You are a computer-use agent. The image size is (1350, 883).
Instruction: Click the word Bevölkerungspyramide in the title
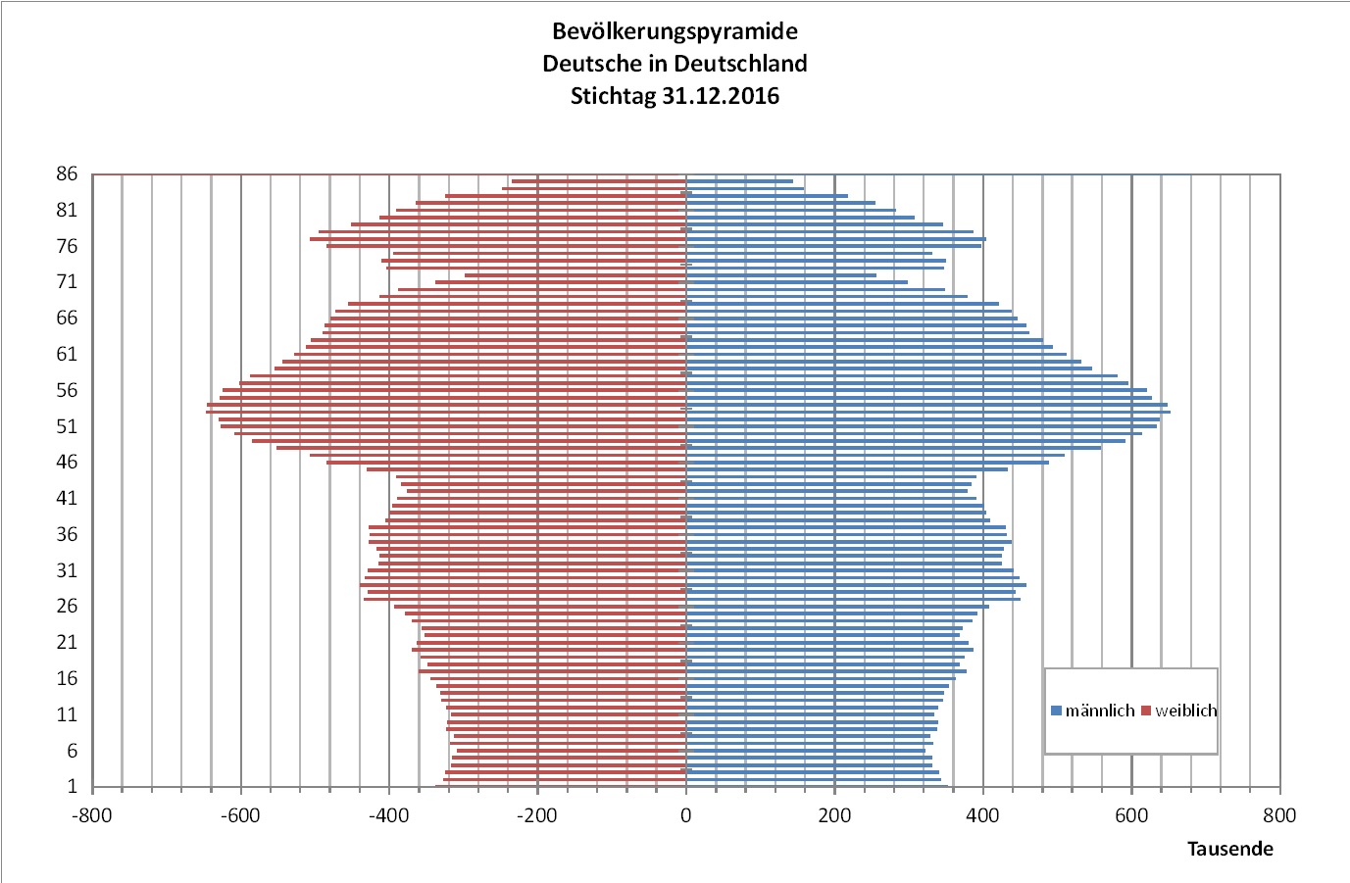pyautogui.click(x=675, y=31)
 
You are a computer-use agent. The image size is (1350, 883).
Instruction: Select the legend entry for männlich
pyautogui.click(x=1093, y=711)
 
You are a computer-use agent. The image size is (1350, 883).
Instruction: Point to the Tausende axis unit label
pyautogui.click(x=1229, y=849)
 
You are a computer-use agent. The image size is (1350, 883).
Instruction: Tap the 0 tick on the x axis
pyautogui.click(x=685, y=815)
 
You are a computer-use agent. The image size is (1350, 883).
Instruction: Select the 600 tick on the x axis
pyautogui.click(x=1131, y=815)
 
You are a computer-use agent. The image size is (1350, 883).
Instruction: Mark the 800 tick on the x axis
pyautogui.click(x=1279, y=815)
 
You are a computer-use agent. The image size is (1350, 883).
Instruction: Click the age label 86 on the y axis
pyautogui.click(x=67, y=174)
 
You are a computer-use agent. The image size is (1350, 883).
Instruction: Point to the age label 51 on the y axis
pyautogui.click(x=67, y=426)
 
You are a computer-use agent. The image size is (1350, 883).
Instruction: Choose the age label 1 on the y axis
pyautogui.click(x=72, y=787)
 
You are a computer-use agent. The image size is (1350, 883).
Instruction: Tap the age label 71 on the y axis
pyautogui.click(x=67, y=282)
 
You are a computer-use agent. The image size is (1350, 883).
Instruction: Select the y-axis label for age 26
pyautogui.click(x=67, y=607)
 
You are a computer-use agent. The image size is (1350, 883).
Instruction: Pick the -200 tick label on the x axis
pyautogui.click(x=537, y=815)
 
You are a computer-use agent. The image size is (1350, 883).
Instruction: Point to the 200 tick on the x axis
pyautogui.click(x=834, y=815)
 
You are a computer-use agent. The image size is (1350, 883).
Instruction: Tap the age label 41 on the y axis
pyautogui.click(x=67, y=499)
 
